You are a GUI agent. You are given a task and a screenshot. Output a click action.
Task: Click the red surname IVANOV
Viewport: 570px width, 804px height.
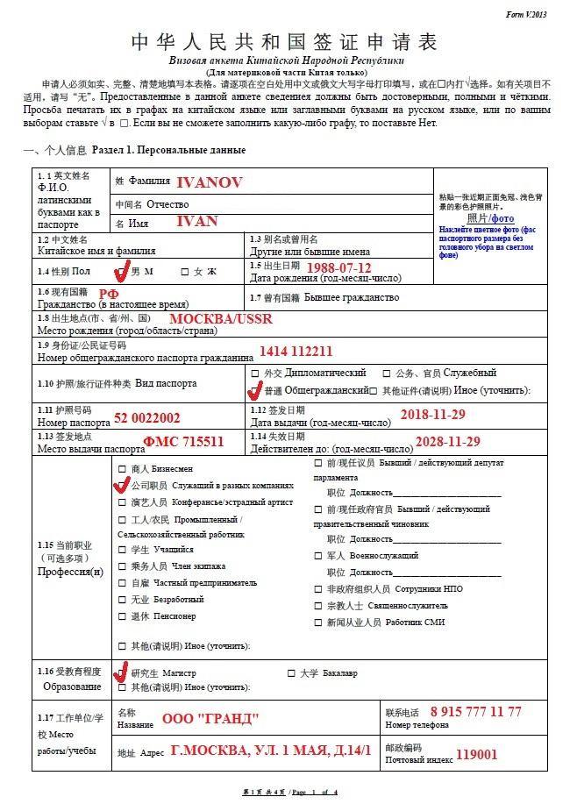(209, 182)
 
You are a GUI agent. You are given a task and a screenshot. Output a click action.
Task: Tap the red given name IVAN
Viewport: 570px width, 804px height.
(196, 221)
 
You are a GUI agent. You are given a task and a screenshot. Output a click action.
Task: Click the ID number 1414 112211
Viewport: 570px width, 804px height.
(296, 351)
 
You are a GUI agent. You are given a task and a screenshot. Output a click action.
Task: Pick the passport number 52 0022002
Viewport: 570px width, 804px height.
(146, 418)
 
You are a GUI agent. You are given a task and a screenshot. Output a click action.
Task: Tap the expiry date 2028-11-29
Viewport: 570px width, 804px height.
(446, 440)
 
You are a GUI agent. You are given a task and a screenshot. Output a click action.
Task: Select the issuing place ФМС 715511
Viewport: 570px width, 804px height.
(183, 441)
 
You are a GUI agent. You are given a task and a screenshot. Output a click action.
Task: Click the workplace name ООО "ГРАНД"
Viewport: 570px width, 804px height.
(210, 719)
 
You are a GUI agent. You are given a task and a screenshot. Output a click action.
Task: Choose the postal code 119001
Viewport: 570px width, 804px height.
(476, 753)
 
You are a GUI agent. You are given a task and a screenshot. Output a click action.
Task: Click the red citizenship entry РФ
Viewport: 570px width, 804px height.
(107, 294)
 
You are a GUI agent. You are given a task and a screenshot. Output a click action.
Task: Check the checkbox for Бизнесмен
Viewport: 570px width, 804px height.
(122, 469)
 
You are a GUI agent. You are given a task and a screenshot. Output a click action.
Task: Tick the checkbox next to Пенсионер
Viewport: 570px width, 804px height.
(122, 616)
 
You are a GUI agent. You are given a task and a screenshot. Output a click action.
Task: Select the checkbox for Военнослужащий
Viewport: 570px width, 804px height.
(317, 555)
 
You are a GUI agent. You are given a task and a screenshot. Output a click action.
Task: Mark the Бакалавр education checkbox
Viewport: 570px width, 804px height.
(290, 673)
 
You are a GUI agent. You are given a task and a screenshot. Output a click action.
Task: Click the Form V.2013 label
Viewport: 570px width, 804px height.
(526, 15)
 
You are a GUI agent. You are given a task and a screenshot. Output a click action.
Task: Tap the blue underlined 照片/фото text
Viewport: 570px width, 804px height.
(490, 217)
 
